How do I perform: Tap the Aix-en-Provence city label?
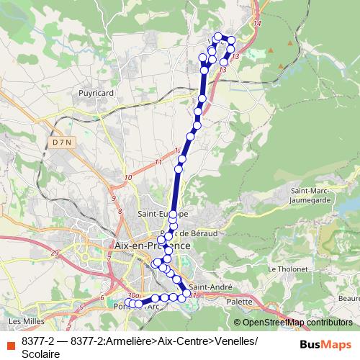pyautogui.click(x=153, y=246)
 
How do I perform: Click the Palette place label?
pyautogui.click(x=238, y=302)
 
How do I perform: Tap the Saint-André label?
pyautogui.click(x=210, y=287)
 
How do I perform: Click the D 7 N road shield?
pyautogui.click(x=62, y=143)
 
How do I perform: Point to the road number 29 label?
pyautogui.click(x=55, y=253)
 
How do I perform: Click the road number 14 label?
pyautogui.click(x=257, y=24)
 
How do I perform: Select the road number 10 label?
pyautogui.click(x=127, y=178)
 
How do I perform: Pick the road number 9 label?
pyautogui.click(x=113, y=197)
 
